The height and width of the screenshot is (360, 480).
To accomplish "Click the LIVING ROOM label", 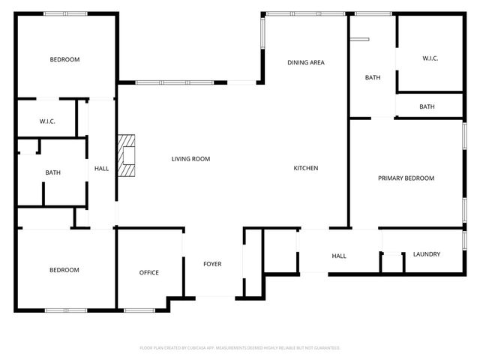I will [190, 159].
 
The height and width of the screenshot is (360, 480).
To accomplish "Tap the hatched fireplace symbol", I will [127, 155].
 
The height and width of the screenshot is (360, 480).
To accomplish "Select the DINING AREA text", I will [306, 62].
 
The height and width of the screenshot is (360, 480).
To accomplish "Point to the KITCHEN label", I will [305, 168].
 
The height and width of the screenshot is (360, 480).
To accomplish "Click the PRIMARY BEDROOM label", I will [406, 178].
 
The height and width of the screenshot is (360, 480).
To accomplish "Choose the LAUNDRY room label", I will [427, 254].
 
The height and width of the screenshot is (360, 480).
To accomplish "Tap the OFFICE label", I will [149, 272].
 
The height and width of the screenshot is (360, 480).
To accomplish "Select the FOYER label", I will [212, 264].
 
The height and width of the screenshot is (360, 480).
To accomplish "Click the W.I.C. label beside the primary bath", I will [430, 58].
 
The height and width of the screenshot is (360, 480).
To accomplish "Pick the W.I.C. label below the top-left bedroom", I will [47, 121].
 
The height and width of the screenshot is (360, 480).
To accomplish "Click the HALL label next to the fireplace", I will [101, 169].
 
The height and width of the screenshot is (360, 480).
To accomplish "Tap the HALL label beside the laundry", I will [339, 256].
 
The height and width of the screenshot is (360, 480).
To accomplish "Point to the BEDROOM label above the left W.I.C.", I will [64, 59].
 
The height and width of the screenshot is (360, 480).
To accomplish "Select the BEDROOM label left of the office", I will [64, 270].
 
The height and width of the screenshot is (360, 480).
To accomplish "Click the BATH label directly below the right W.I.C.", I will [427, 106].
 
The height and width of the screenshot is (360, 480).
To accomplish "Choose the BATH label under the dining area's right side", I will [373, 77].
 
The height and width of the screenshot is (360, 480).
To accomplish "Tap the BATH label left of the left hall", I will [52, 172].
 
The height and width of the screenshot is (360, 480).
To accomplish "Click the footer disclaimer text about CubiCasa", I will [240, 348].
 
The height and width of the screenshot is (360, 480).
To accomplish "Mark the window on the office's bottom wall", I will [139, 310].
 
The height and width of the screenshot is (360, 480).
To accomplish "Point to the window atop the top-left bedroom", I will [65, 13].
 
